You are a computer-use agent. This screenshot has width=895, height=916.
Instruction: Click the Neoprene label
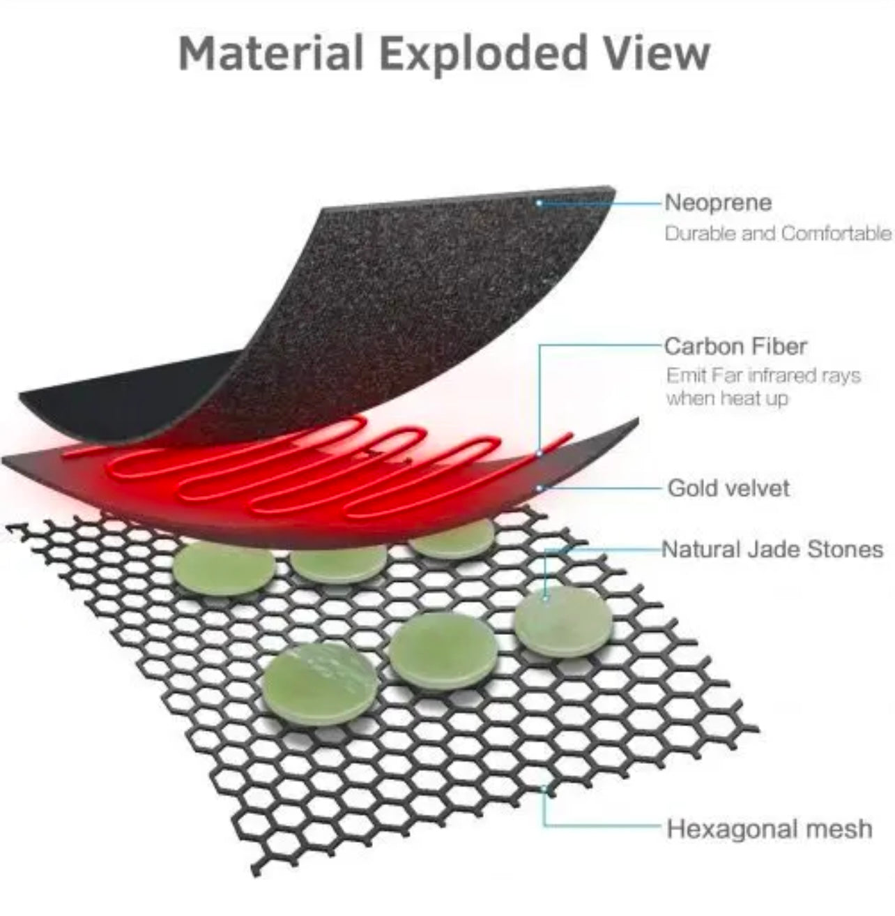718,202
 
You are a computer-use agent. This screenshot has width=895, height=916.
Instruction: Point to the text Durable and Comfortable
778,233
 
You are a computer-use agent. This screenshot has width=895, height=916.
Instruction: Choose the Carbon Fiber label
735,346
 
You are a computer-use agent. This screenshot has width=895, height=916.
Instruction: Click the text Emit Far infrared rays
763,375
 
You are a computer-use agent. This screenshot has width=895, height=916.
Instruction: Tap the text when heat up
727,398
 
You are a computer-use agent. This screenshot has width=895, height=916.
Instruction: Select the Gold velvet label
728,488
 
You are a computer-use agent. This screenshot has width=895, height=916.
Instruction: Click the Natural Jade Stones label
772,549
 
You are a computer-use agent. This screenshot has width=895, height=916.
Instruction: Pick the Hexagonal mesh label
769,829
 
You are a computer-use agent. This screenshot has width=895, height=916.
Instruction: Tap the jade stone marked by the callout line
563,623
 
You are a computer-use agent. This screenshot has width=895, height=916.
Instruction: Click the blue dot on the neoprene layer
539,203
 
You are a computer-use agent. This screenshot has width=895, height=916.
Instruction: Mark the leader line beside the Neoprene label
599,203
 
